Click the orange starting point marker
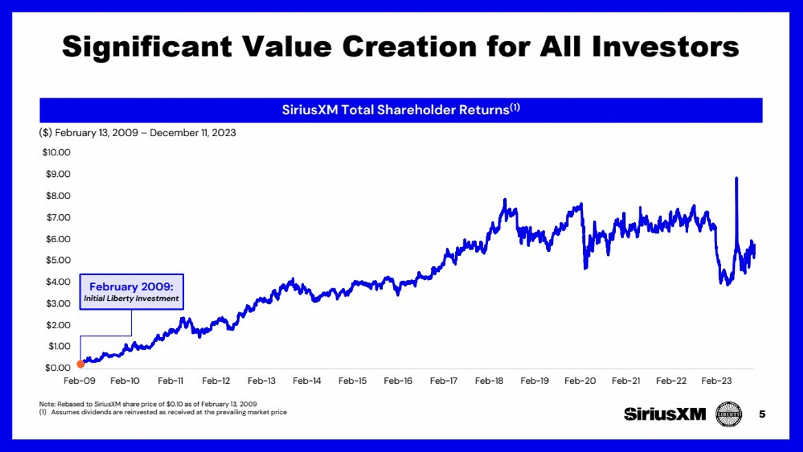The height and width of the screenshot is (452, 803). (80, 364)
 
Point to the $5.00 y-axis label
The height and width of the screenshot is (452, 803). (58, 260)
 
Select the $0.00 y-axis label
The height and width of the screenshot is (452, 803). (58, 367)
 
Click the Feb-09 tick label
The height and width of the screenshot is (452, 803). (80, 381)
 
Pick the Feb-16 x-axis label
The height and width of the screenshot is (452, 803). (398, 381)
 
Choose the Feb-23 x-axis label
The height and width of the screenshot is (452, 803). (716, 381)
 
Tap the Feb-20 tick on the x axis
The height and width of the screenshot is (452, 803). (580, 381)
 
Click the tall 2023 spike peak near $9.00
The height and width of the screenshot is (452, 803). (737, 178)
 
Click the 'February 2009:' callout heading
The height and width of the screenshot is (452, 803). (131, 287)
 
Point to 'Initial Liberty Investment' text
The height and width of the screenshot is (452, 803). (131, 299)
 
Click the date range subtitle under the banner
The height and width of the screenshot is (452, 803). (137, 133)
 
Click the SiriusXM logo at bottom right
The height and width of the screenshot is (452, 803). (665, 414)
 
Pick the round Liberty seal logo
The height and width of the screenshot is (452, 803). (729, 414)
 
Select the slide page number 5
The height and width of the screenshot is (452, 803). (762, 414)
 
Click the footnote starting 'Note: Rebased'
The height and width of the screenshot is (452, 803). (148, 404)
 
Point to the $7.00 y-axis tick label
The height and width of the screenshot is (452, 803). (58, 217)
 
